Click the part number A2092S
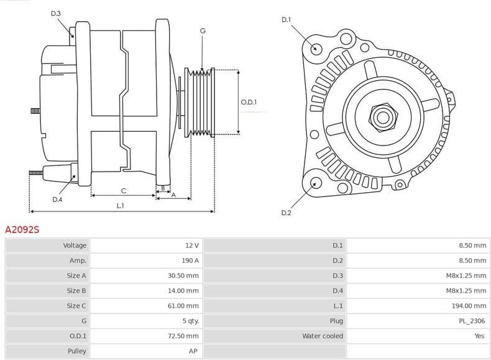coord(22,229)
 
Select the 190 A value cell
coord(190,261)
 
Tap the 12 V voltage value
coord(191,246)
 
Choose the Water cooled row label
coord(323,336)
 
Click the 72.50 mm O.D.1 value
coord(184,336)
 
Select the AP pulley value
coord(194,351)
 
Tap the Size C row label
coord(76,306)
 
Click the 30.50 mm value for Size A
coord(184,275)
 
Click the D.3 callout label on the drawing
coord(56,13)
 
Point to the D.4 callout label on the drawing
coord(57,200)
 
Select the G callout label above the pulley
coord(203,30)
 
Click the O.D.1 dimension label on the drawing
coord(249,102)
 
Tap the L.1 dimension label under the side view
coord(121,205)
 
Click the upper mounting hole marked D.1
coord(316,48)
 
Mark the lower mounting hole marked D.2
coord(316,183)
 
